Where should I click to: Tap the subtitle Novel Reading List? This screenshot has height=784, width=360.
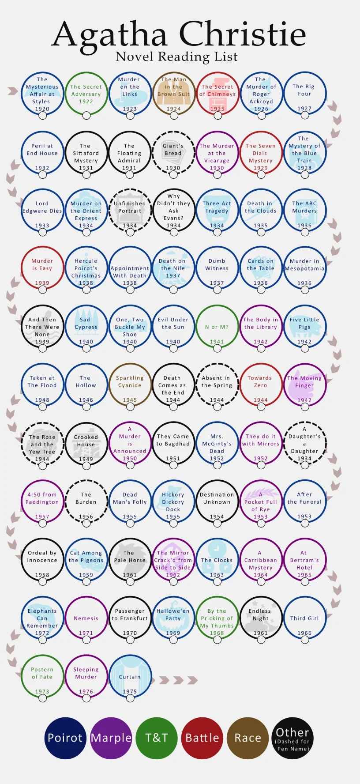coord(176,57)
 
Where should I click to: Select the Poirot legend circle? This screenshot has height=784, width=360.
coord(65,738)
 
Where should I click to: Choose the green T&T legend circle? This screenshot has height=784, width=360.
coord(157,738)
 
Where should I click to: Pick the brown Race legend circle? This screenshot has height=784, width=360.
coord(247,738)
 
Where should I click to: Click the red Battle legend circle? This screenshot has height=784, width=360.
coord(202,738)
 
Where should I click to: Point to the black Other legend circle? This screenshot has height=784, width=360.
coord(292,738)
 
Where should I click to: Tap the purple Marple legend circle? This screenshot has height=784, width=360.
coord(111,738)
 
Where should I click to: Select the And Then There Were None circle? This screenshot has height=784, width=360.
coord(42,326)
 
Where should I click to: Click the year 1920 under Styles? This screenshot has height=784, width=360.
coord(42,109)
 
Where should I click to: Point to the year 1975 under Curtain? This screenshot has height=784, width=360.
coord(130,692)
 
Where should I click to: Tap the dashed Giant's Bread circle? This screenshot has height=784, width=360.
coord(173,152)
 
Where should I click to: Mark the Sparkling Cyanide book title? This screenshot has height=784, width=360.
coord(130,381)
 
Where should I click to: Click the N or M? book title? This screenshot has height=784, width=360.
coord(217,327)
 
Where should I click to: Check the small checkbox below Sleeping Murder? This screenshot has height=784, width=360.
coord(86,698)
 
